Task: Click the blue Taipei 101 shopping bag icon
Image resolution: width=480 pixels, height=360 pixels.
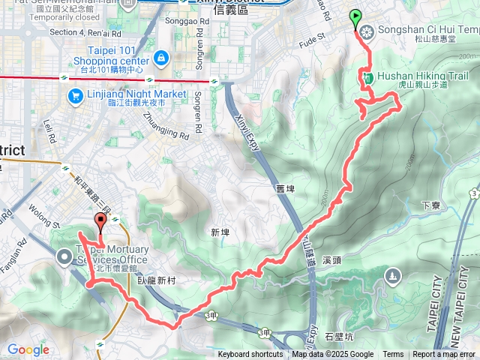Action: click(x=160, y=58)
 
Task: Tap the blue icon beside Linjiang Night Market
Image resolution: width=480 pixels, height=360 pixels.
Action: click(x=75, y=95)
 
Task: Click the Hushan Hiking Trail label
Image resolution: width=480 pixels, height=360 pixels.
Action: click(x=422, y=76)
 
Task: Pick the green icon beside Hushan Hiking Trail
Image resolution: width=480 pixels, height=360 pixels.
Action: click(x=367, y=76)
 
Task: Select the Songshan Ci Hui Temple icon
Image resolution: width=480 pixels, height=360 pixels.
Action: click(x=367, y=31)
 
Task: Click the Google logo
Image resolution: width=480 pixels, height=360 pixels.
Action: click(x=28, y=349)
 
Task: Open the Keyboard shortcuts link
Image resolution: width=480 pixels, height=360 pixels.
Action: click(x=250, y=355)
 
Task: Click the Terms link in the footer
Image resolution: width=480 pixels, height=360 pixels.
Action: click(x=393, y=355)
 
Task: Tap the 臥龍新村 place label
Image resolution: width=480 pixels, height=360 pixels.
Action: click(x=157, y=279)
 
